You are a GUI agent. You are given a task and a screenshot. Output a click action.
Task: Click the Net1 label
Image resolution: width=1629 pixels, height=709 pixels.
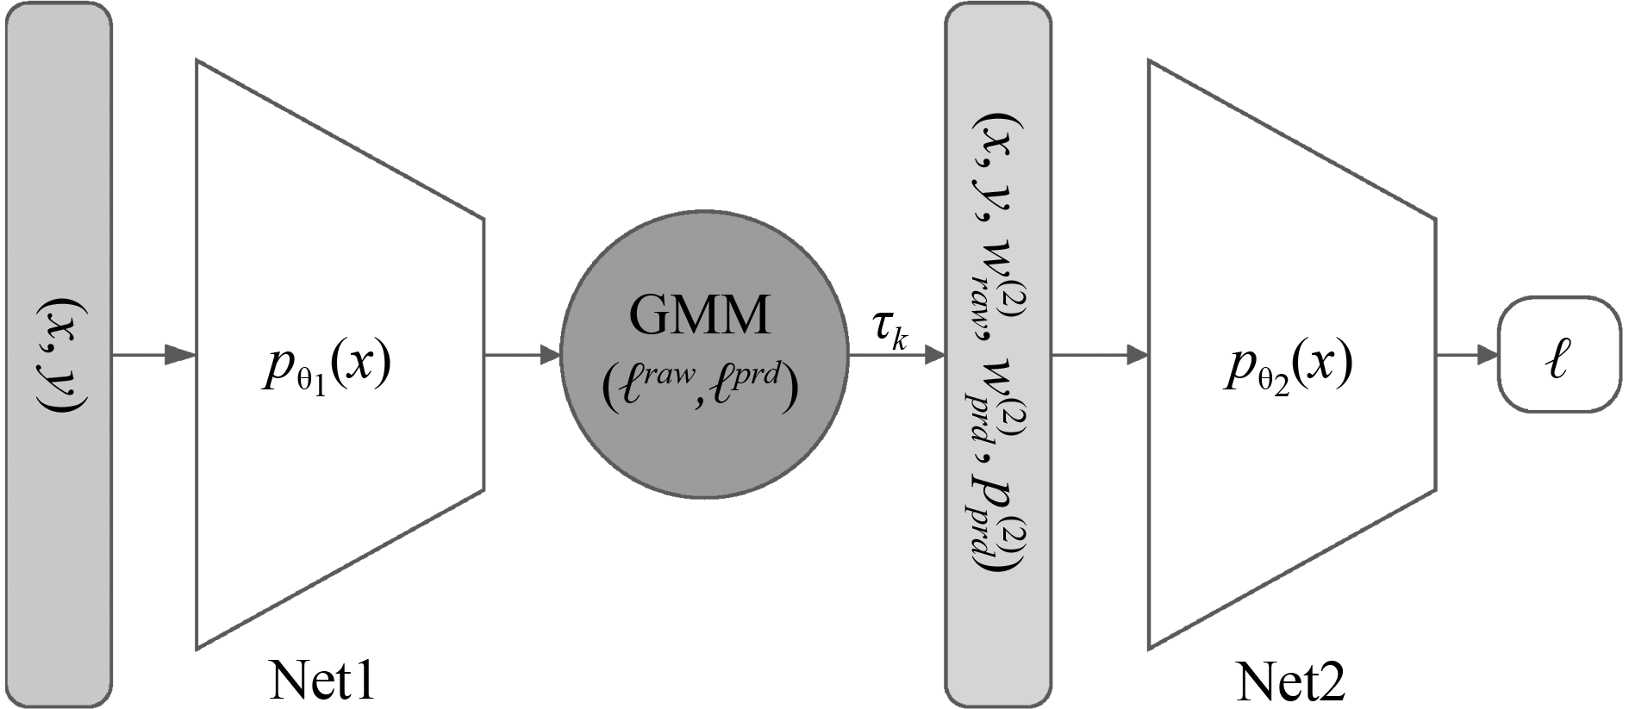[x=323, y=681]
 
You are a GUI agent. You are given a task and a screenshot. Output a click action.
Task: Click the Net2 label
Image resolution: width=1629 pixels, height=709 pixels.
[x=1290, y=683]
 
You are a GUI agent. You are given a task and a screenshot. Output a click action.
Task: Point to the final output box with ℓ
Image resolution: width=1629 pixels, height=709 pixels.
[x=1559, y=354]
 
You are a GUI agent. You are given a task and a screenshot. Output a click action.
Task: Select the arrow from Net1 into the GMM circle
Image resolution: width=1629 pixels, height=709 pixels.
[x=522, y=354]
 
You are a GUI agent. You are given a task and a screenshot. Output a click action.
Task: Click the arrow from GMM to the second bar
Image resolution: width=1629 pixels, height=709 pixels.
[x=897, y=354]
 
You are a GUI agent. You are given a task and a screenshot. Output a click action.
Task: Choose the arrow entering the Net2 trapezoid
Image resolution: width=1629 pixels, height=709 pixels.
[x=1099, y=354]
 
